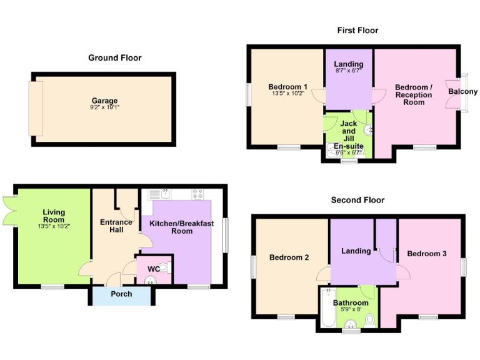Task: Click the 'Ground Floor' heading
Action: click(114, 57)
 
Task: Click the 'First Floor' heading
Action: click(357, 30)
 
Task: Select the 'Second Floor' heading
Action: click(357, 200)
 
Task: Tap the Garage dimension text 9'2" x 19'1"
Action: click(104, 107)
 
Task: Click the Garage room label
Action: click(104, 101)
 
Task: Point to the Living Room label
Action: click(54, 216)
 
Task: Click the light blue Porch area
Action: click(121, 294)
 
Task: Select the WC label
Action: click(153, 269)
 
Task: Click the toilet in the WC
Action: click(164, 267)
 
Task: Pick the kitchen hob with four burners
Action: click(198, 193)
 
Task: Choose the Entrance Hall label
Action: click(116, 226)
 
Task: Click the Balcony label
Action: click(462, 92)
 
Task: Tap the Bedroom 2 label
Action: click(289, 257)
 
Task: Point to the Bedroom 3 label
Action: click(426, 253)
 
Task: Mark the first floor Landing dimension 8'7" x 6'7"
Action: click(349, 71)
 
